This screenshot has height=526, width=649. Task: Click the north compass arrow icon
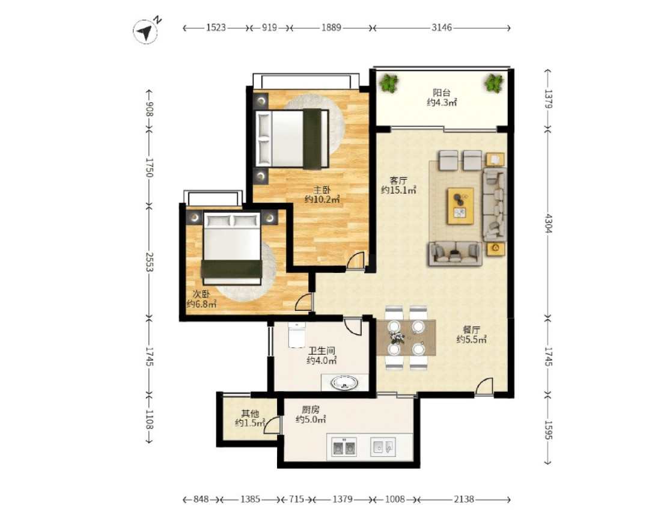click(x=145, y=31)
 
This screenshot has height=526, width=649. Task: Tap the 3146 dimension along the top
click(x=442, y=28)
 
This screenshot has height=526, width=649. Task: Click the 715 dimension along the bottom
click(x=296, y=499)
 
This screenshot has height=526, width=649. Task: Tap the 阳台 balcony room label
click(x=442, y=93)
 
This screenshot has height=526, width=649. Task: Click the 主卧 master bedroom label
click(x=321, y=190)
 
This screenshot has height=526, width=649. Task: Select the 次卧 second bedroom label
click(x=201, y=294)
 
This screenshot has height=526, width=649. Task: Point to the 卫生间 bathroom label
click(x=321, y=351)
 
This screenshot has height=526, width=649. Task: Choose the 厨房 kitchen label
click(x=311, y=410)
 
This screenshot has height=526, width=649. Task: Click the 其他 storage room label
click(x=250, y=414)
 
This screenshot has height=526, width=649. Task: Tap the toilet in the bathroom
click(x=296, y=335)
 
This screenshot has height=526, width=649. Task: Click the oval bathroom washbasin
click(x=344, y=383)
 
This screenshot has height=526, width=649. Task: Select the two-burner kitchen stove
click(x=344, y=447)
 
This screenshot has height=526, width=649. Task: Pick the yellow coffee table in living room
click(x=460, y=206)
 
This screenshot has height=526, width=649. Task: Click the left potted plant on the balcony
click(x=389, y=83)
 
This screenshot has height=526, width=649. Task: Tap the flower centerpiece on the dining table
click(x=397, y=337)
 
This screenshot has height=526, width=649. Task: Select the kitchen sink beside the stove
click(x=383, y=447)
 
